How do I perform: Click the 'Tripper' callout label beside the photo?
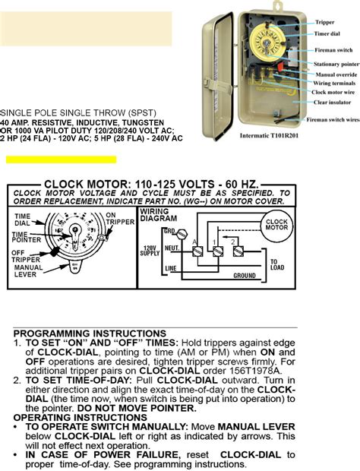coord(325,23)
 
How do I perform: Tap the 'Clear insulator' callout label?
coord(331,102)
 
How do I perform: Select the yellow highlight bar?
coord(61,160)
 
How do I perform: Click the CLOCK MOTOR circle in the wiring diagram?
coord(275,226)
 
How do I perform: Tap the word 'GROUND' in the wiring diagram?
coord(244,276)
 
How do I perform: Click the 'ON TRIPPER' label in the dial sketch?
coord(113,220)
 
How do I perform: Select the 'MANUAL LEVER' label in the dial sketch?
coord(29,271)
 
